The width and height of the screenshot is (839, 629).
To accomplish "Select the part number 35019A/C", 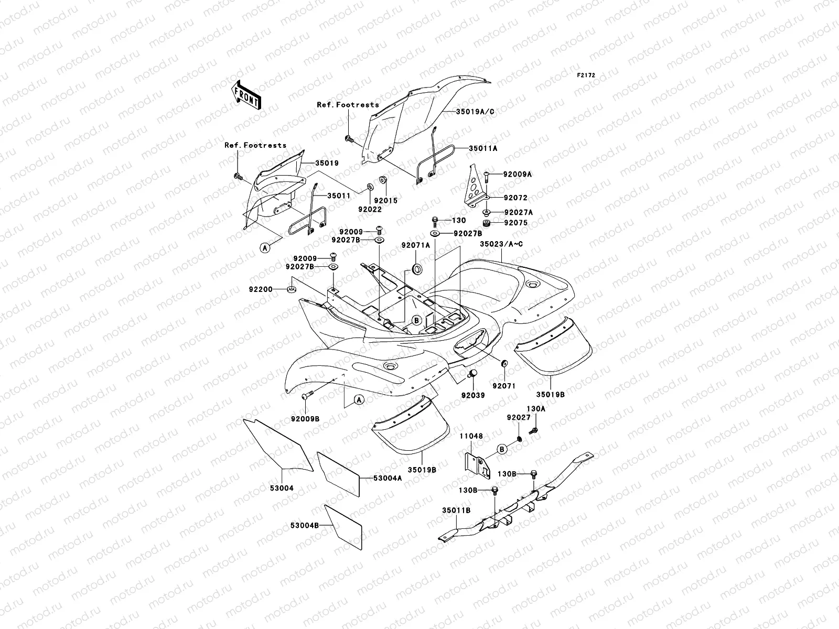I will [475, 112].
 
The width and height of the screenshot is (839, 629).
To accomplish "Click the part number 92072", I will [515, 198].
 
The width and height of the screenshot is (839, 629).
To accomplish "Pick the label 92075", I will [515, 223].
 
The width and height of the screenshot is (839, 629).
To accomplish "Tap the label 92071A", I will [415, 245].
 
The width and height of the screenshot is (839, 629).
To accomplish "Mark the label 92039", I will [473, 395].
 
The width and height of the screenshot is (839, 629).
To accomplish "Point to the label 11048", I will [472, 436].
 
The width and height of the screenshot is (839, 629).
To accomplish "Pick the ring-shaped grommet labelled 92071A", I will [418, 269].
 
